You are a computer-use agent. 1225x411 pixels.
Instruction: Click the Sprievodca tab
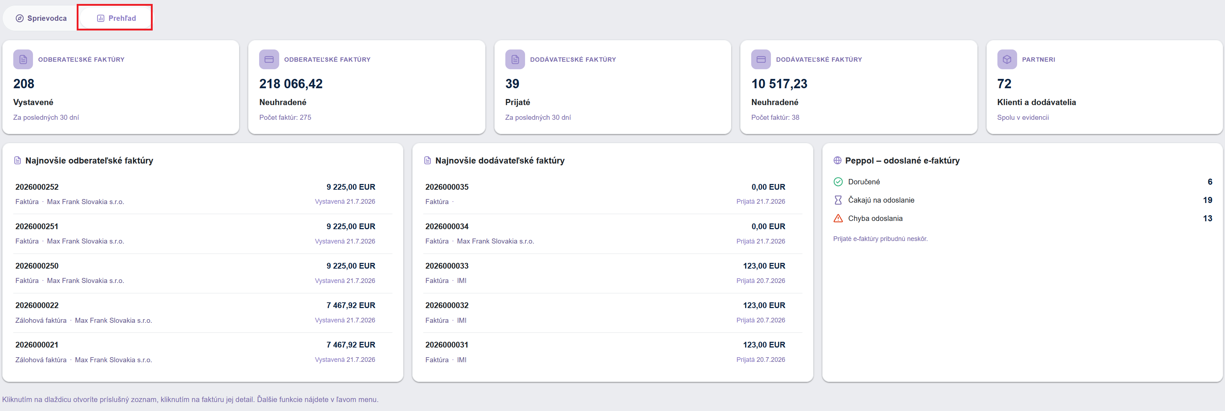click(41, 18)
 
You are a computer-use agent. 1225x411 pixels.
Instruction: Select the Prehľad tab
click(116, 18)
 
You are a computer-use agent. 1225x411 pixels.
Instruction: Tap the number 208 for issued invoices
click(24, 84)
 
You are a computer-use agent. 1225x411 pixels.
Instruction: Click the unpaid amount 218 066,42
click(291, 84)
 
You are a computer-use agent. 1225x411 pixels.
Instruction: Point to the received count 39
click(512, 84)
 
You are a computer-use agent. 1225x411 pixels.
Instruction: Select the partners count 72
click(1004, 84)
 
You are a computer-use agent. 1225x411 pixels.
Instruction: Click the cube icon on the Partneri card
click(1007, 60)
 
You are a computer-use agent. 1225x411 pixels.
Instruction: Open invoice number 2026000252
click(37, 187)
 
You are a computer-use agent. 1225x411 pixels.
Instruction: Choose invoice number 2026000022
click(37, 306)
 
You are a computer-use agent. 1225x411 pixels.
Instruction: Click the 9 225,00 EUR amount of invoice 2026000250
click(351, 266)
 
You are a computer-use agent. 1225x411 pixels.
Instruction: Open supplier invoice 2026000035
click(447, 187)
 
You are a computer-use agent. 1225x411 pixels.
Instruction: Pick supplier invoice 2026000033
click(447, 266)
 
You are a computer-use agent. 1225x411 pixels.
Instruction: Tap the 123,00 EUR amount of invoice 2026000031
click(764, 345)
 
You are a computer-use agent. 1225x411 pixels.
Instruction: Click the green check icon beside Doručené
click(838, 182)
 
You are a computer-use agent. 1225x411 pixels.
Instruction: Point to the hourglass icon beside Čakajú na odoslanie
click(838, 200)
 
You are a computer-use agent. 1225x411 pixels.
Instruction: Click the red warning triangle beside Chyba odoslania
click(838, 218)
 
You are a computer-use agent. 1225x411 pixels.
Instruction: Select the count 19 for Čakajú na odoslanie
click(1207, 200)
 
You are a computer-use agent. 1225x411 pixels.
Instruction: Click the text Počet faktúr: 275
click(285, 118)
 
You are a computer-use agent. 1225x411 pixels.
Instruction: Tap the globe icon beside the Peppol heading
click(838, 160)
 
